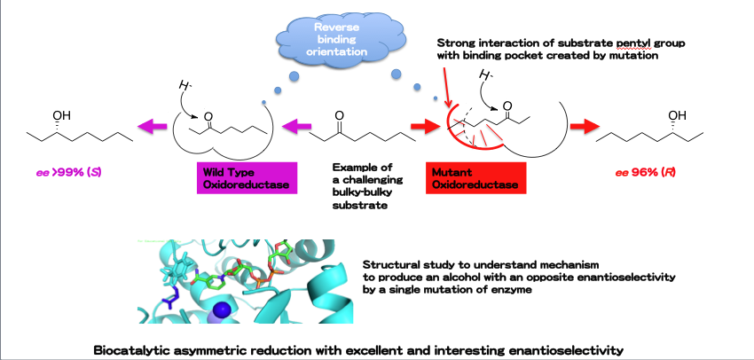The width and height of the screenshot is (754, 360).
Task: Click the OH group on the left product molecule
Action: tap(61, 114)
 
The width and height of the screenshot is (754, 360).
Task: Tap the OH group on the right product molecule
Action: tap(678, 115)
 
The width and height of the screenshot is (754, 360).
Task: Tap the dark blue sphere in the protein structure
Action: tap(223, 309)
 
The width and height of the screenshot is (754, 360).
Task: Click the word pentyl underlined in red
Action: tap(620, 43)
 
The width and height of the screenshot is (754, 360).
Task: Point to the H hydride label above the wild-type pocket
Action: tap(184, 86)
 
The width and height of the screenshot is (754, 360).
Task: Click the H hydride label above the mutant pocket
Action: tap(482, 74)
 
